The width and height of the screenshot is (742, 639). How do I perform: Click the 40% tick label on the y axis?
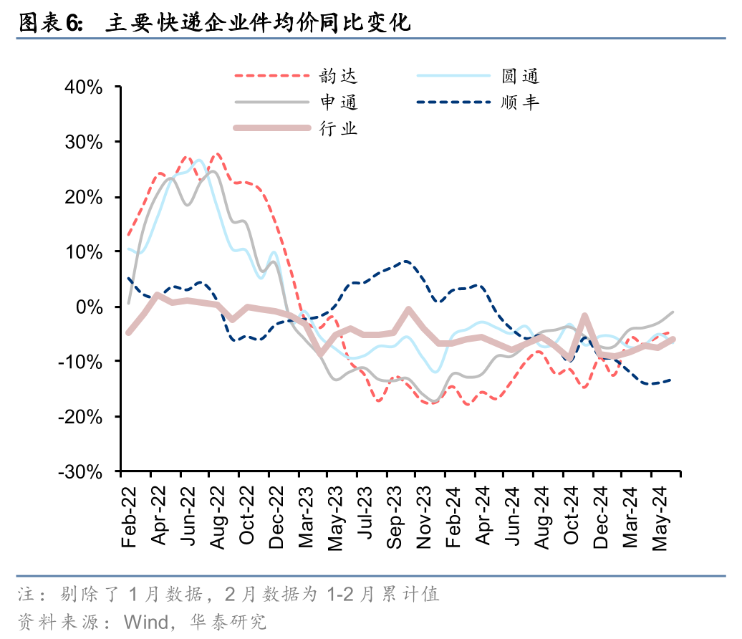point(85,87)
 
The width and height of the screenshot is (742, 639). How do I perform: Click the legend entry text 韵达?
point(339,75)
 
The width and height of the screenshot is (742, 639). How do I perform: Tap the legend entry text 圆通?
point(521,75)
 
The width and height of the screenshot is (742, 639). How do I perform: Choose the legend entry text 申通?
point(339,102)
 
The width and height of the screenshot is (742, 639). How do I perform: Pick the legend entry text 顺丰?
point(521,102)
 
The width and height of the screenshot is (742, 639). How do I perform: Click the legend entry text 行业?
point(339,128)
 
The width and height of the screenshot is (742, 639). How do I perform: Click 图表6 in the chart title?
point(47,23)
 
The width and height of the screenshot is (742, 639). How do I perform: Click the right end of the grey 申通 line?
point(673,312)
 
